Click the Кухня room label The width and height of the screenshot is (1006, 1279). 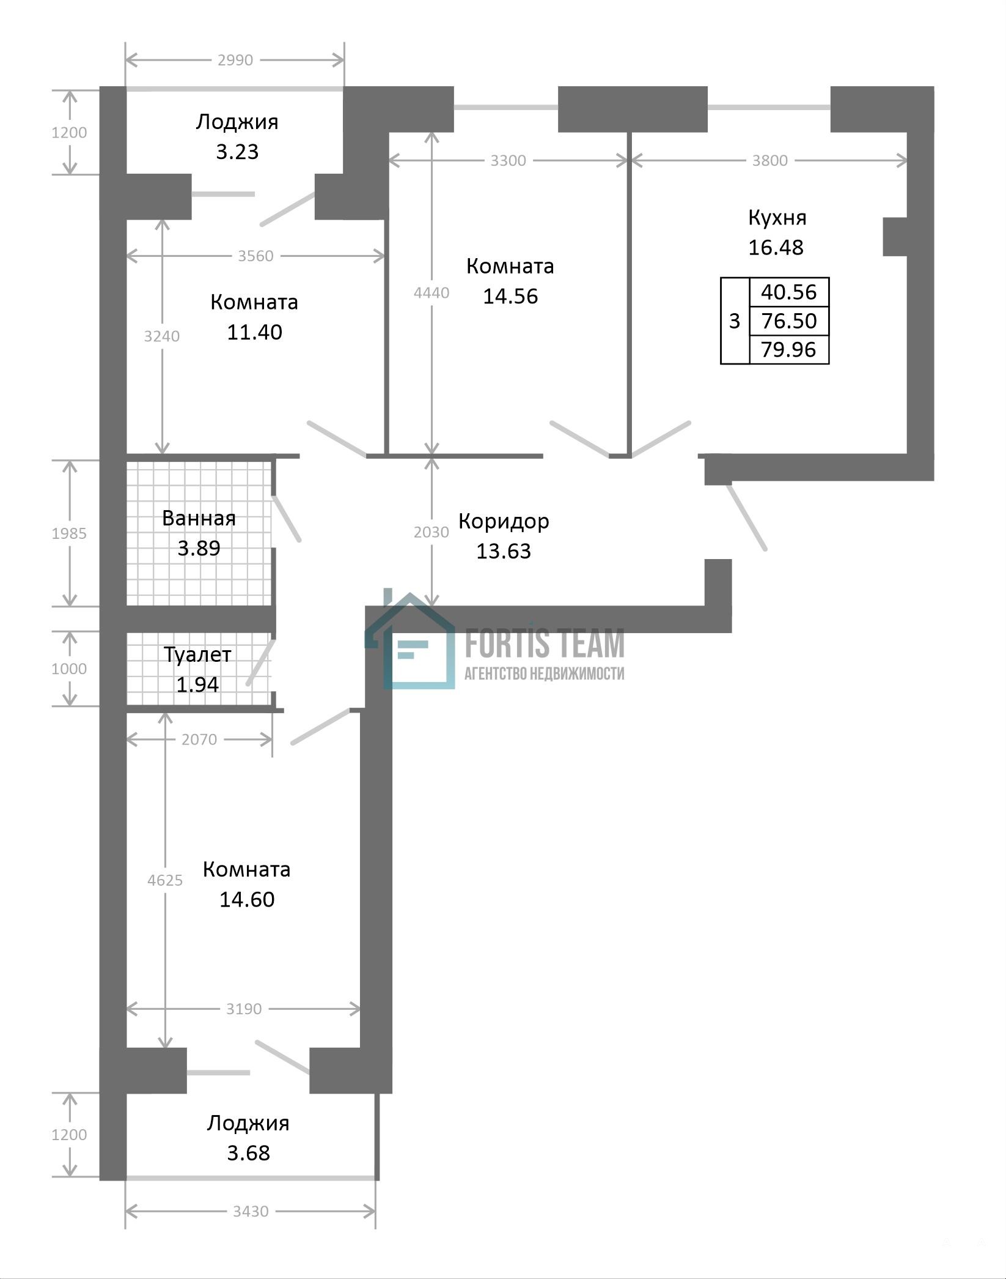coord(777,218)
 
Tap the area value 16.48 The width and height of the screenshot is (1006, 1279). coord(776,247)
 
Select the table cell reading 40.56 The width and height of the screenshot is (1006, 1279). coord(789,292)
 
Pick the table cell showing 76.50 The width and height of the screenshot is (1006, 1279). coord(789,321)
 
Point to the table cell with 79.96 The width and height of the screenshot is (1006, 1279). coord(789,349)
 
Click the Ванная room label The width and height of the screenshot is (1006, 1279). coord(199,519)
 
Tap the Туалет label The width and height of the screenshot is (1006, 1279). coord(197,655)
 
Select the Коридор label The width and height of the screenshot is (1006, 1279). coord(504,522)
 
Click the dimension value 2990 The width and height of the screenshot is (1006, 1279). coord(235,60)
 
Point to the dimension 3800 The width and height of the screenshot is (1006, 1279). coord(770,160)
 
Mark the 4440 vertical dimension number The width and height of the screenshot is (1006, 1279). coord(431,292)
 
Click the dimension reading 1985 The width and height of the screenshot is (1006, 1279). coord(69,533)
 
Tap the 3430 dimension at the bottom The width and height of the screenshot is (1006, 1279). coord(251,1211)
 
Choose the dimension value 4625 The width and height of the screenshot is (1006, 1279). coord(165,880)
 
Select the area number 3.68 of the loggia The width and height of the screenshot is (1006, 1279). coord(248,1153)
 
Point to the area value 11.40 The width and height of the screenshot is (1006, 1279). coord(254,332)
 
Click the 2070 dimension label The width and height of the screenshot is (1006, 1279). coord(199,740)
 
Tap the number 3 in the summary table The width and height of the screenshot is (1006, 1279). coord(735,321)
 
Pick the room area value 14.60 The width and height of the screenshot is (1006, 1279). coord(247,899)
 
